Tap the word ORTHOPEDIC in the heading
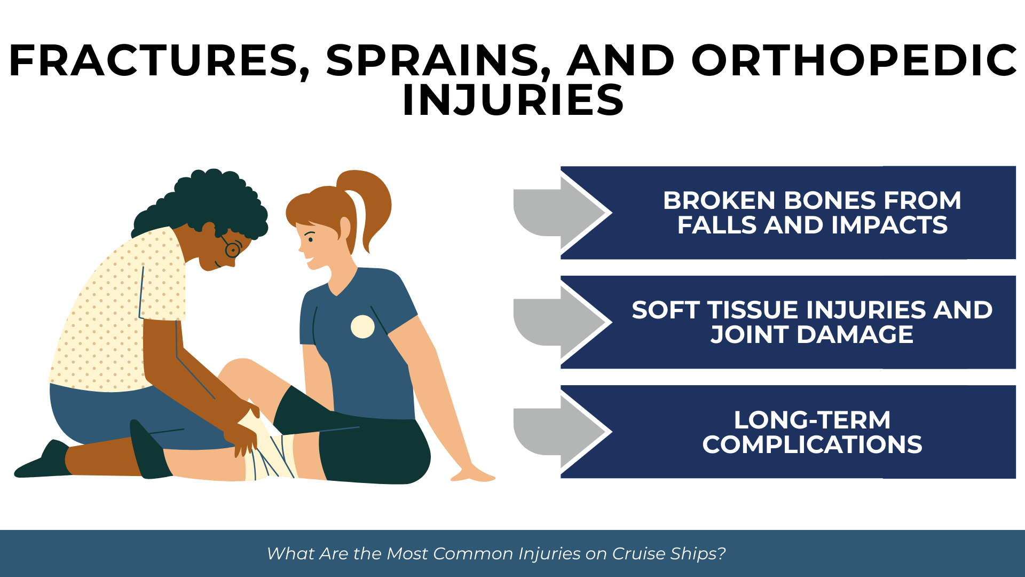click(x=854, y=60)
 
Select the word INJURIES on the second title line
click(x=512, y=100)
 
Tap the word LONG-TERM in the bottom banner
click(x=812, y=420)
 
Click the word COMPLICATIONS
click(x=812, y=445)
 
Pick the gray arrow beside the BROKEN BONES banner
click(x=561, y=213)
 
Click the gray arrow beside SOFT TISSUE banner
click(x=561, y=322)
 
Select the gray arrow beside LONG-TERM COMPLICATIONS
click(x=561, y=432)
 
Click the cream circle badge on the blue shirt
click(x=362, y=326)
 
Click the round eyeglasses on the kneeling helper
click(x=232, y=249)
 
